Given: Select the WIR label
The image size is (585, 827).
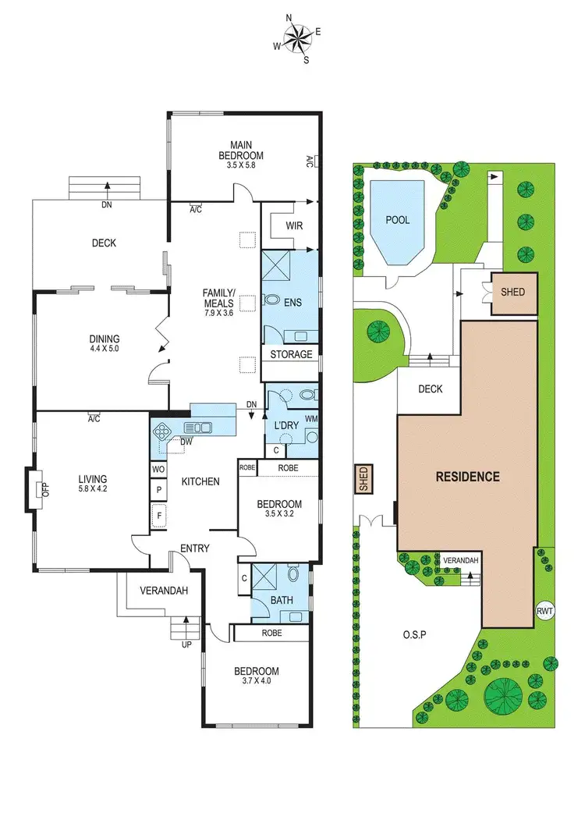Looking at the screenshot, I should (x=294, y=225).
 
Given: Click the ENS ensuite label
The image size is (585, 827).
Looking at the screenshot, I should (x=293, y=302).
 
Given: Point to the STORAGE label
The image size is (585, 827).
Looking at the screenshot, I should (x=291, y=354).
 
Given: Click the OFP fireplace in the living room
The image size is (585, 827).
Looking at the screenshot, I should (x=37, y=489).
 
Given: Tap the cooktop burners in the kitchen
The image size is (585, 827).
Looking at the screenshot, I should (x=165, y=431).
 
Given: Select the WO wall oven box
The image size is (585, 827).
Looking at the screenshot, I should (x=158, y=470).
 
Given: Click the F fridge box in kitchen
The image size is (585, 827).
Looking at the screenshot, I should (x=158, y=515).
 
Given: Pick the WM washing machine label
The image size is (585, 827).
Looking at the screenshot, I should (x=311, y=420).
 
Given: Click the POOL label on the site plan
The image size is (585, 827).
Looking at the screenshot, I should (x=398, y=220).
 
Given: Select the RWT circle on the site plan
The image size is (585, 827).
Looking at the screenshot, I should (x=544, y=611).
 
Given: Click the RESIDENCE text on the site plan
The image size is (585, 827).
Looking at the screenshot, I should (x=467, y=477).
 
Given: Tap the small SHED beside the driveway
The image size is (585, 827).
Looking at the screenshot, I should (x=363, y=479).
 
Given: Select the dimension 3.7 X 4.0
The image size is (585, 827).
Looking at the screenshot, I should (x=257, y=683).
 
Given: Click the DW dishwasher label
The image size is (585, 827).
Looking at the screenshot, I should (x=186, y=441).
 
